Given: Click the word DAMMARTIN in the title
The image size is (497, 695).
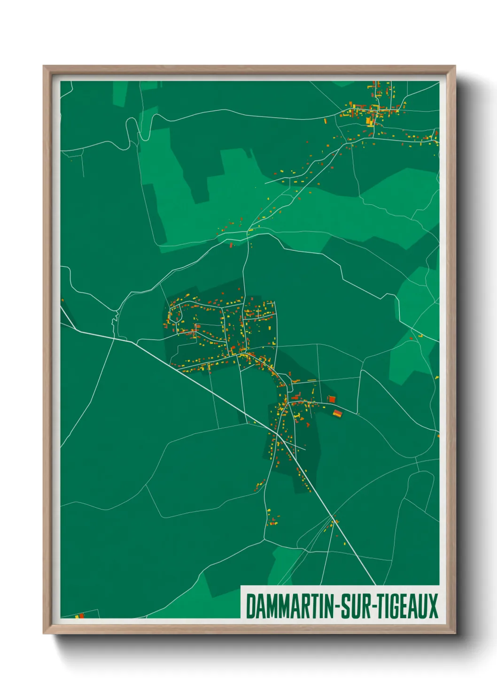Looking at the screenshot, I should tap(289, 606).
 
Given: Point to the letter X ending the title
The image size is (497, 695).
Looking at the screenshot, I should tap(433, 606).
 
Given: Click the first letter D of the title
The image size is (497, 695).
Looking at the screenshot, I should tap(250, 606).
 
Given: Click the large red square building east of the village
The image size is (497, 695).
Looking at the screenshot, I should tap(332, 399).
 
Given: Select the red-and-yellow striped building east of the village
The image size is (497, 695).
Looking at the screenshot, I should tap(338, 413).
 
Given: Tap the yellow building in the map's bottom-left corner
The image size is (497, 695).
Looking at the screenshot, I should tap(77, 616).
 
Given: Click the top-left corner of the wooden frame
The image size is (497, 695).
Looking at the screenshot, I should tap(44, 66).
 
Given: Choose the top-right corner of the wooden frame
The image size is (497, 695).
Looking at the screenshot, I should tap(455, 66).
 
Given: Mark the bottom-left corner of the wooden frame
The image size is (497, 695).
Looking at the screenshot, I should tap(44, 633).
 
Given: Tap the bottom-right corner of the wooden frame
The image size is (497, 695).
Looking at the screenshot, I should tap(455, 633).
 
